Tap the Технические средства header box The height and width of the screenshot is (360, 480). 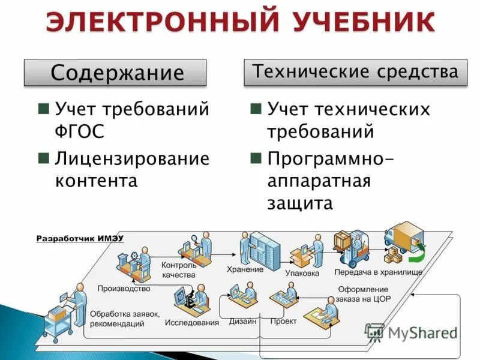click(356, 72)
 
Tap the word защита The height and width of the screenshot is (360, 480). click(300, 203)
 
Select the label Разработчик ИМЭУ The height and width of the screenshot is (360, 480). click(80, 238)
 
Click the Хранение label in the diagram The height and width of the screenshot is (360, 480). click(245, 269)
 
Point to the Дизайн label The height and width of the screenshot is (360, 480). click(242, 321)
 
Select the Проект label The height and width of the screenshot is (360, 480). click(283, 321)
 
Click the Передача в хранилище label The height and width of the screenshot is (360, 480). click(378, 272)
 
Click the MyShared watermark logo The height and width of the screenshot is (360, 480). click(410, 334)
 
